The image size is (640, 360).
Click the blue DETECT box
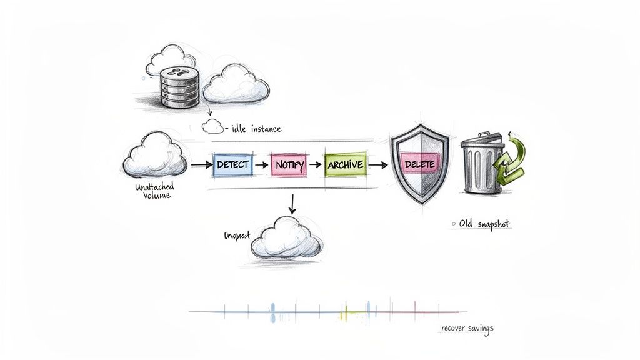coord(232,164)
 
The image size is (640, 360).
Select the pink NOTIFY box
coord(289,165)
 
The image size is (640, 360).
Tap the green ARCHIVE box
coord(344,164)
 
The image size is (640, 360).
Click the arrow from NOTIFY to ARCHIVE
coord(316,165)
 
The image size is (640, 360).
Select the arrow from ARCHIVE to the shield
coord(377,165)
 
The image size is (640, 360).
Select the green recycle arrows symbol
coord(511,159)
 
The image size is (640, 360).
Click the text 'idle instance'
coord(256,129)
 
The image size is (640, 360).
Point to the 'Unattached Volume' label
coord(154,191)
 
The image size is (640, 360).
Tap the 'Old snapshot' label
coord(484,224)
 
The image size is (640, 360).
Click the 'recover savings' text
coord(467,328)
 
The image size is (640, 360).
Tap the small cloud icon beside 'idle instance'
coord(212,127)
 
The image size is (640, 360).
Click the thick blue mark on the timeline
coord(272,312)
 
